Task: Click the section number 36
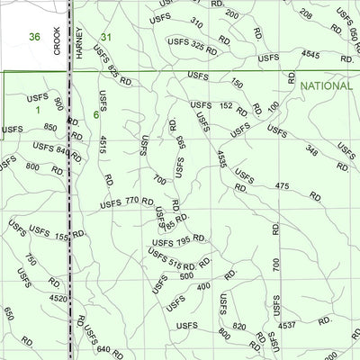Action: [35, 37]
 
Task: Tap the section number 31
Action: [107, 37]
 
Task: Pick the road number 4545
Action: [310, 55]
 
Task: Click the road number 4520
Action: [58, 298]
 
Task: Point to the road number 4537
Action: [288, 324]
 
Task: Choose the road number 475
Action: [282, 186]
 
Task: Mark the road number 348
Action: [311, 150]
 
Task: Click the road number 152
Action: [227, 105]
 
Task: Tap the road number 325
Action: [198, 46]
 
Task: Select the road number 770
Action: [132, 201]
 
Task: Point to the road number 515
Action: [175, 265]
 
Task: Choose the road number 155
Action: [61, 237]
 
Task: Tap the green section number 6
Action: [95, 114]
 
